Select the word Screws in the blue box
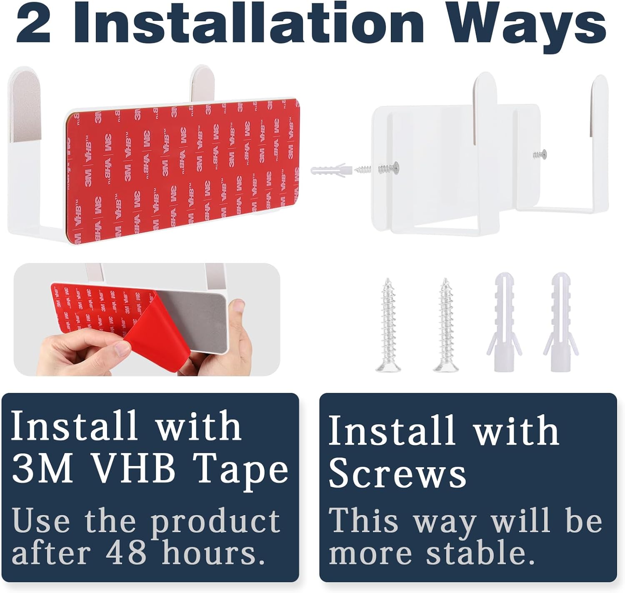[397, 474]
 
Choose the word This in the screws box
[363, 520]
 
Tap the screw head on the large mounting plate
[395, 166]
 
